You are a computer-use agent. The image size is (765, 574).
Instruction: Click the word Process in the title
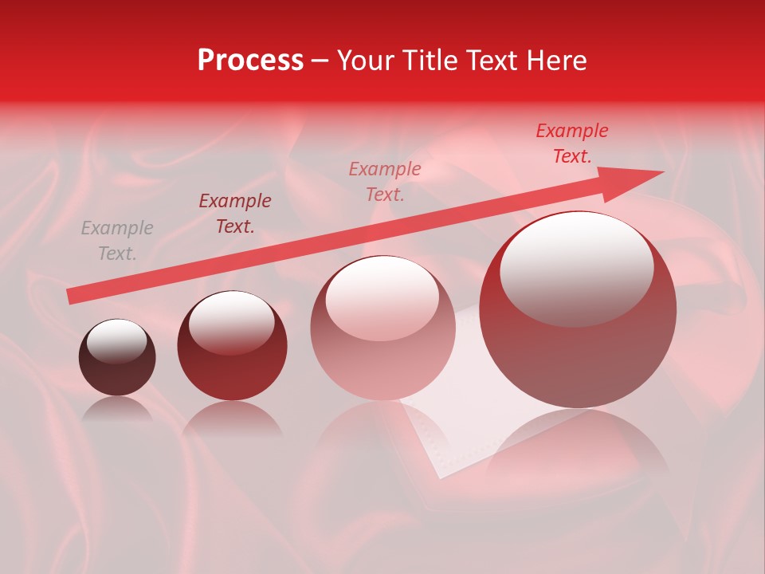(x=250, y=61)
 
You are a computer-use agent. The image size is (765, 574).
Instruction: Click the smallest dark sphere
(x=117, y=358)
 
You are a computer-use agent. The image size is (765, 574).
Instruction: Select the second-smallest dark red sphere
(x=232, y=345)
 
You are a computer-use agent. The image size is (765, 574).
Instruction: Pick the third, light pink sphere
(x=382, y=328)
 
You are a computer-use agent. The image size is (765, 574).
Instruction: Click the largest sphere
(x=578, y=310)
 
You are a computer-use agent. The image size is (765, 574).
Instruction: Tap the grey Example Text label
(x=116, y=241)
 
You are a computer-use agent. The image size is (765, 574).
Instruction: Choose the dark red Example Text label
(x=235, y=214)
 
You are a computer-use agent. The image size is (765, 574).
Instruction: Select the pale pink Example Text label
(x=385, y=181)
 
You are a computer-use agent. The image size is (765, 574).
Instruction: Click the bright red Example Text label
(x=572, y=143)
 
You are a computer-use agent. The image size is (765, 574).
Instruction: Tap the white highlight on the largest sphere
(x=576, y=267)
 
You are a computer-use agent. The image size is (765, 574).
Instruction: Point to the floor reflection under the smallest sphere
(x=117, y=410)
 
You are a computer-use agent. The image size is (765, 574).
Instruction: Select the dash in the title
(x=320, y=61)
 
